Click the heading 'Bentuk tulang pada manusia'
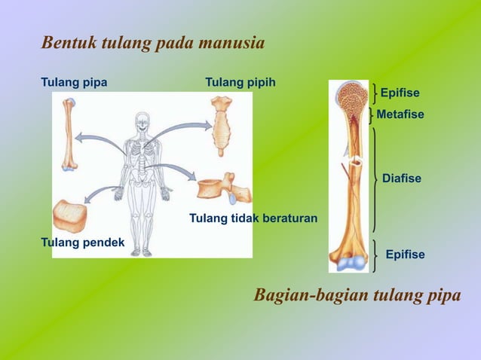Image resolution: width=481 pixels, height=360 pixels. [153, 43]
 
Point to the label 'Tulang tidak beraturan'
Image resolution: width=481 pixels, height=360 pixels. [253, 218]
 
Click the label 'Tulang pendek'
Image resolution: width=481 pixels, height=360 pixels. [82, 242]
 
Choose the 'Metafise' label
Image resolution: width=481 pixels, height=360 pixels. [400, 114]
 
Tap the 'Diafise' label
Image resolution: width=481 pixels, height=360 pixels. [402, 178]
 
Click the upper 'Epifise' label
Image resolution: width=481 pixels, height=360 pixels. [400, 93]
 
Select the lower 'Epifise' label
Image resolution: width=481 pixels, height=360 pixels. [405, 255]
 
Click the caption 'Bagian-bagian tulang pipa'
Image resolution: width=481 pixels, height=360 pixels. [357, 295]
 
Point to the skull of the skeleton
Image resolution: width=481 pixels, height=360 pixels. [142, 123]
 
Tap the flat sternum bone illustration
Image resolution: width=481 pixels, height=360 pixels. [222, 124]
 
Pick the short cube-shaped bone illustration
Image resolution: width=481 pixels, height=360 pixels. [70, 216]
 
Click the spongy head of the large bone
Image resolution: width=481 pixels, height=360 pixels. [349, 97]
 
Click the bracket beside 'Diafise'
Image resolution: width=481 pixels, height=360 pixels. [375, 178]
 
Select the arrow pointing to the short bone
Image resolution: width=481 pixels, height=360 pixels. [100, 195]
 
